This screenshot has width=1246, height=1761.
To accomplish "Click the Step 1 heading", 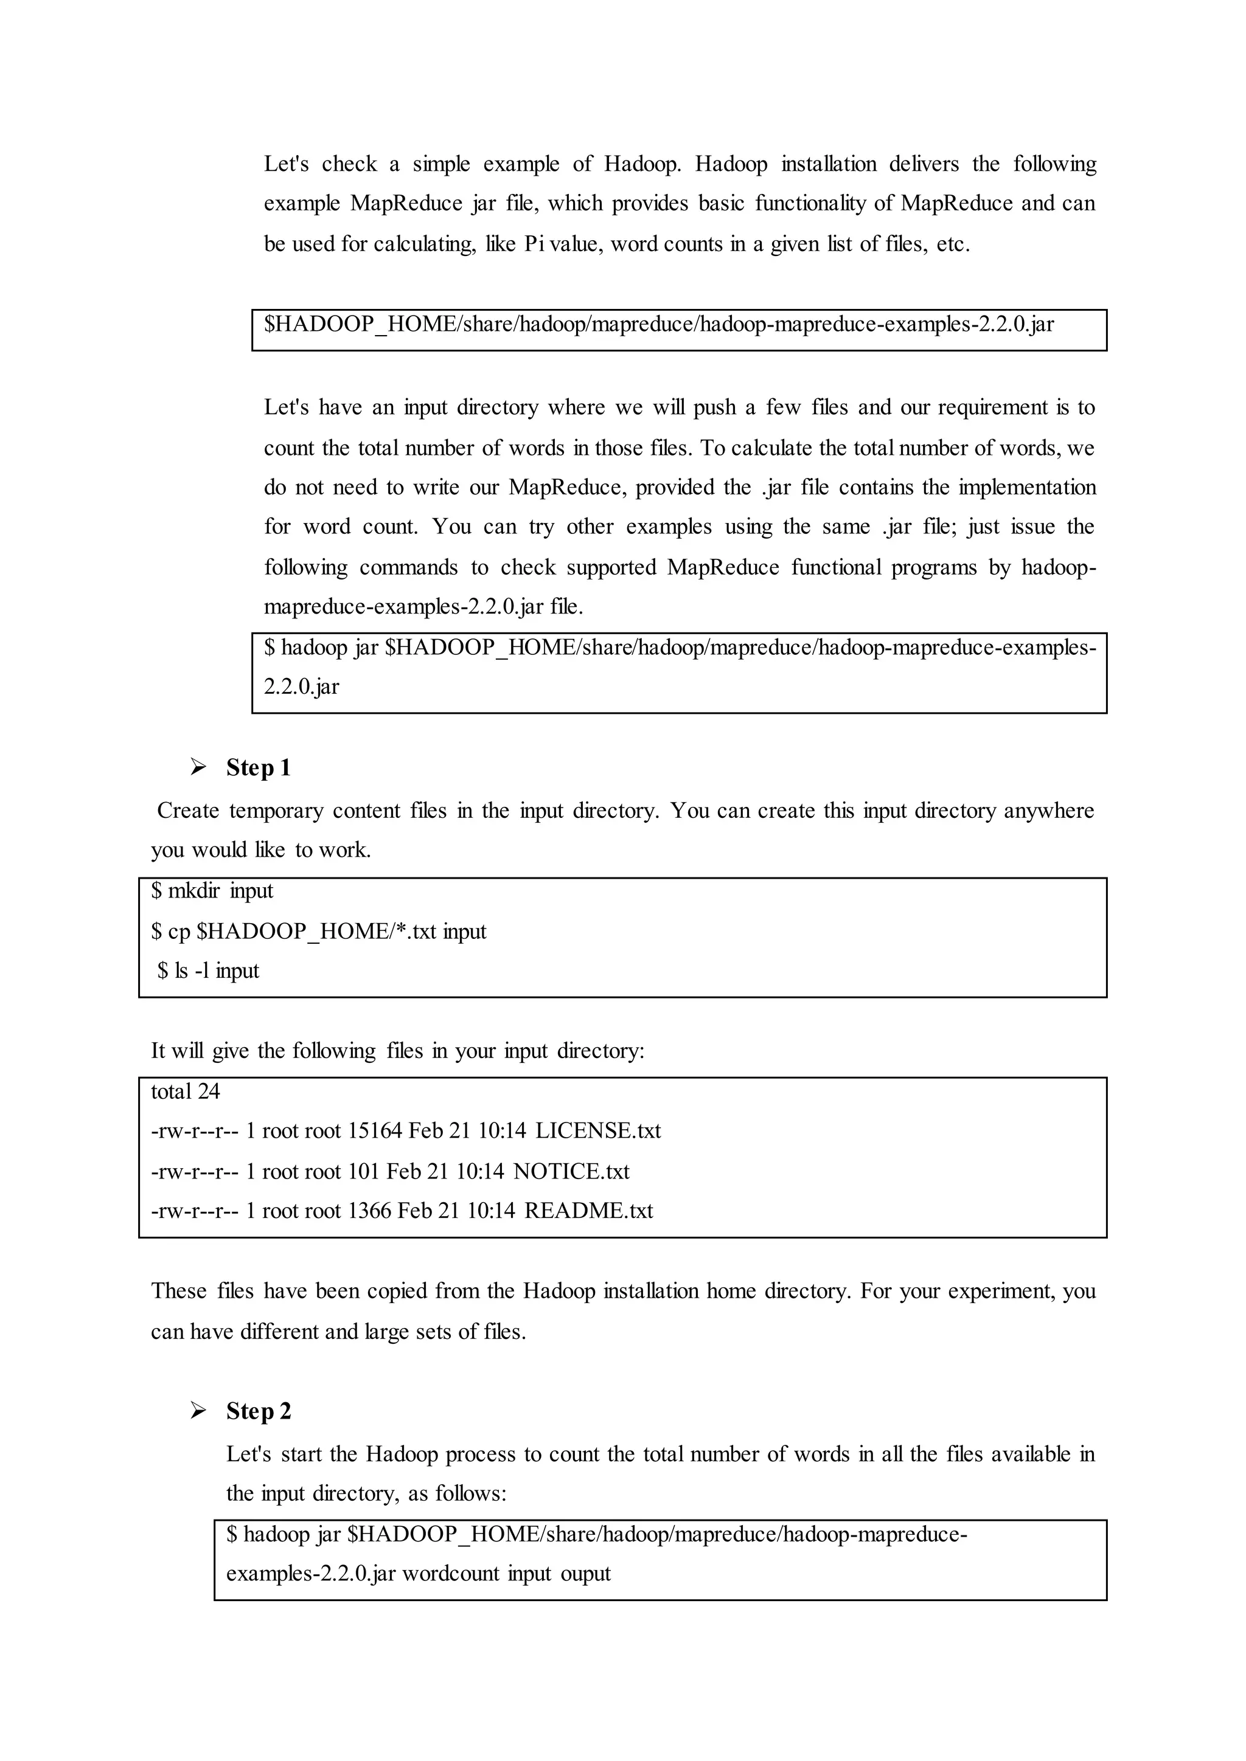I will click(258, 768).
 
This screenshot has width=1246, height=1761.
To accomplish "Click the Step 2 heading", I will click(259, 1411).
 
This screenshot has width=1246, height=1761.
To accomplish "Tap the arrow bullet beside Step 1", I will click(199, 767).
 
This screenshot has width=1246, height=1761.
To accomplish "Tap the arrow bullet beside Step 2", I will click(199, 1411).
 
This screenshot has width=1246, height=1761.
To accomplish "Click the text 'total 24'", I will click(185, 1092).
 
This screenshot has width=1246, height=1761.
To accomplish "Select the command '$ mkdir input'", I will click(212, 891).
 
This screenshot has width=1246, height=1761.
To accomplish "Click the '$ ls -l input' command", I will click(209, 971).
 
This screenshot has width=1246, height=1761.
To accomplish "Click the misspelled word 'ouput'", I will click(585, 1574).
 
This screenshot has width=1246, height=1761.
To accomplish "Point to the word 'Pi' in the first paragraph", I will click(533, 244).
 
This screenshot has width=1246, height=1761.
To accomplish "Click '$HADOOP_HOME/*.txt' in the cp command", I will click(316, 932).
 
